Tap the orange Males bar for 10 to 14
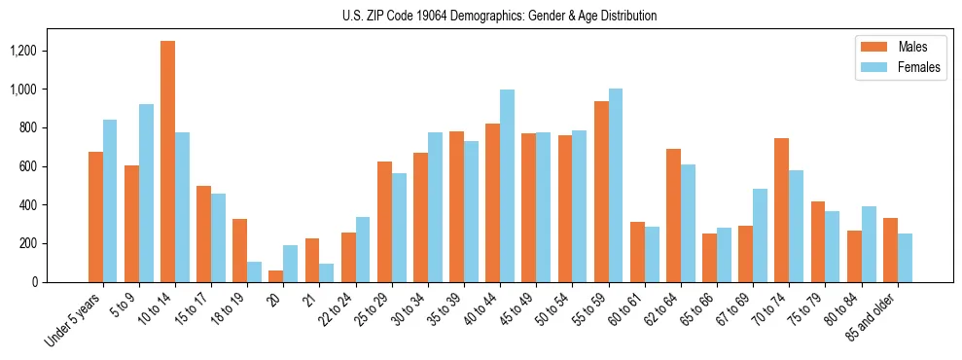point(168,162)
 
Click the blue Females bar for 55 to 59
point(616,186)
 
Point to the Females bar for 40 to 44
point(508,186)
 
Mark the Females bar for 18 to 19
point(255,271)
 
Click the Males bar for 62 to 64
point(673,215)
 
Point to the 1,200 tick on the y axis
point(50,51)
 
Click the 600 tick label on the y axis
point(54,166)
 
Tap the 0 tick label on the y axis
point(61,282)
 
